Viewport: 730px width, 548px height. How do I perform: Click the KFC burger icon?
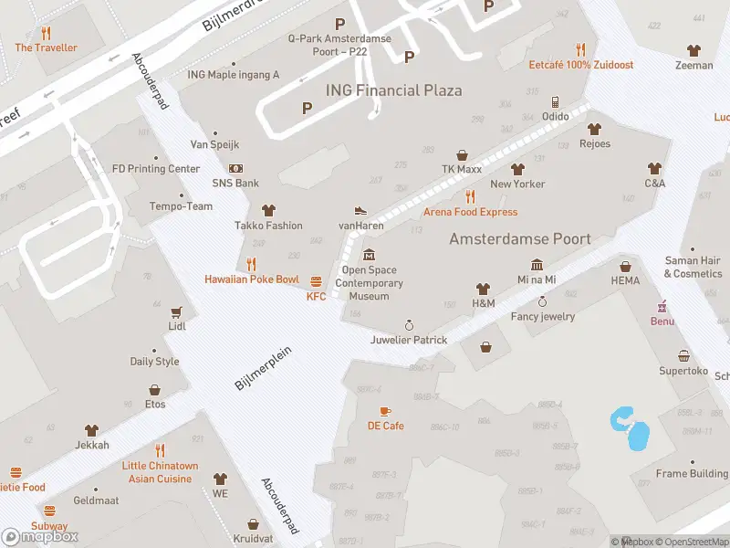click(317, 281)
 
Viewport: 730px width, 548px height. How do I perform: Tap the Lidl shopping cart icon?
click(176, 311)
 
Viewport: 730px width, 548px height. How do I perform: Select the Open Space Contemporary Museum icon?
click(369, 254)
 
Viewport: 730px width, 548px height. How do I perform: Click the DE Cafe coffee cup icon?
click(385, 411)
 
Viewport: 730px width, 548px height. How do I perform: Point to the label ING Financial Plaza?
click(393, 90)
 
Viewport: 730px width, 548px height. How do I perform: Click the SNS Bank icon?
click(235, 168)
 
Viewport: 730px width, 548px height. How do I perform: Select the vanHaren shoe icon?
click(360, 210)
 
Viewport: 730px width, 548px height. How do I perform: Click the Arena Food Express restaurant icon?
click(470, 196)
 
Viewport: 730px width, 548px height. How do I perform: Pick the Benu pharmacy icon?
click(662, 306)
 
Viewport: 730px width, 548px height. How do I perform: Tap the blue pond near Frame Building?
click(631, 430)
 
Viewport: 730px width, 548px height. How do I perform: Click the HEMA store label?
click(625, 280)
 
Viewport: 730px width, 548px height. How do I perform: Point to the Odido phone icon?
click(555, 101)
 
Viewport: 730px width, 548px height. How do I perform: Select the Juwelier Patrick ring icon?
click(410, 325)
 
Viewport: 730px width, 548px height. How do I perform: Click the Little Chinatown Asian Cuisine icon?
click(160, 450)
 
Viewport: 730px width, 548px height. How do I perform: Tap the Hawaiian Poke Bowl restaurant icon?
click(251, 264)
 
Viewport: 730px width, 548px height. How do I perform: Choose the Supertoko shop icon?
click(683, 355)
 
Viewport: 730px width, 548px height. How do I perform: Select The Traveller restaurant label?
click(46, 47)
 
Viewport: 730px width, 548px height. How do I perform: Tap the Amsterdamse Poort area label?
click(520, 238)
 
